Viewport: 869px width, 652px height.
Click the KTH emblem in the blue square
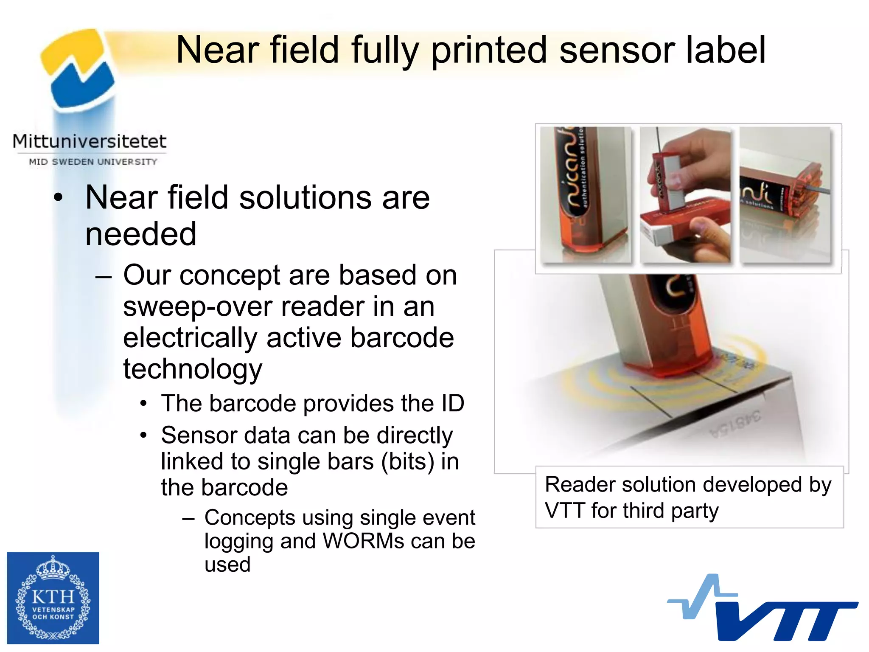coord(53,598)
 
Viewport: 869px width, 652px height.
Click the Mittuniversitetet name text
coord(89,141)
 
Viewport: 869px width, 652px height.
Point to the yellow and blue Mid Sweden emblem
coord(78,68)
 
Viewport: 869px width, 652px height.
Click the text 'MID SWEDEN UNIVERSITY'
coord(93,162)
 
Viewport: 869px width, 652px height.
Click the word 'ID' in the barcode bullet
coord(452,403)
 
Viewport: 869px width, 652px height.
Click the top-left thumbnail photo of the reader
coord(586,194)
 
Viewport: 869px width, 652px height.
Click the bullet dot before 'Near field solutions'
coord(58,198)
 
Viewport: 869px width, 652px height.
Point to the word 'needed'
coord(140,234)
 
